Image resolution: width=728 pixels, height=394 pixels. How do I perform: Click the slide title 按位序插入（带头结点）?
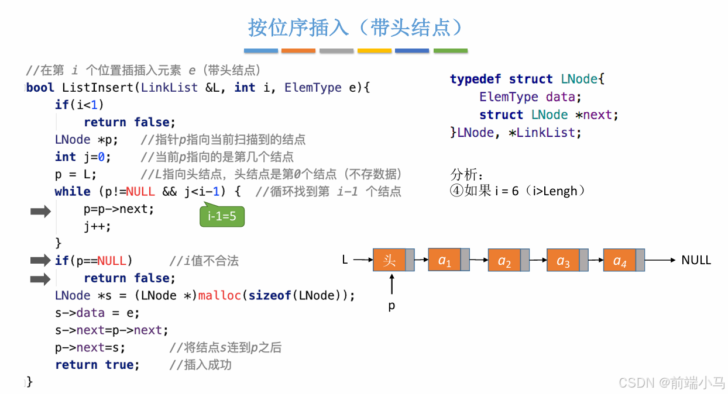click(356, 27)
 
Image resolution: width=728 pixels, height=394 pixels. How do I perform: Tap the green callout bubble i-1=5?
click(222, 217)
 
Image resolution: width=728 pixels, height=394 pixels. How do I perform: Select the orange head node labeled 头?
click(389, 260)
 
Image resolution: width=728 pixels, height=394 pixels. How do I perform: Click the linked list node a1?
click(445, 260)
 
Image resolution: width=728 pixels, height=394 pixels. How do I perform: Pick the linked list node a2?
click(504, 260)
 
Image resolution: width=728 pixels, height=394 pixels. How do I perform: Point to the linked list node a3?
click(562, 260)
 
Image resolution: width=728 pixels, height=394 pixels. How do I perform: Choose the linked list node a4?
click(619, 260)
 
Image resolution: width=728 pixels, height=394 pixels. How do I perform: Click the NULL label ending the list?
click(696, 260)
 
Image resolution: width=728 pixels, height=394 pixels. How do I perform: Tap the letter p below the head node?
click(392, 306)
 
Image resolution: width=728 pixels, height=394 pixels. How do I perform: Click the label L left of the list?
click(345, 260)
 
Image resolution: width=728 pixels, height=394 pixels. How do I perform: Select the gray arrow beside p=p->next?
click(40, 212)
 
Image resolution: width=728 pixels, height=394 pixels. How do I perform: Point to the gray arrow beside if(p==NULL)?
click(40, 260)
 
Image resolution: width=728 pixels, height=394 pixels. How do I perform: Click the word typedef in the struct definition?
click(475, 80)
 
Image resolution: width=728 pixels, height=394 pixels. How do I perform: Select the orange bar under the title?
click(298, 51)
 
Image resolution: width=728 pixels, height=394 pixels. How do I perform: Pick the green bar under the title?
click(450, 51)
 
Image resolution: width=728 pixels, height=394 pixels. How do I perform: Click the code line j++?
click(97, 226)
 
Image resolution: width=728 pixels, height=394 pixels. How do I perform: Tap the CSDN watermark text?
click(671, 382)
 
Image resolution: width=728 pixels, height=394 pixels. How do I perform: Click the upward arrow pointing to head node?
click(392, 285)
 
